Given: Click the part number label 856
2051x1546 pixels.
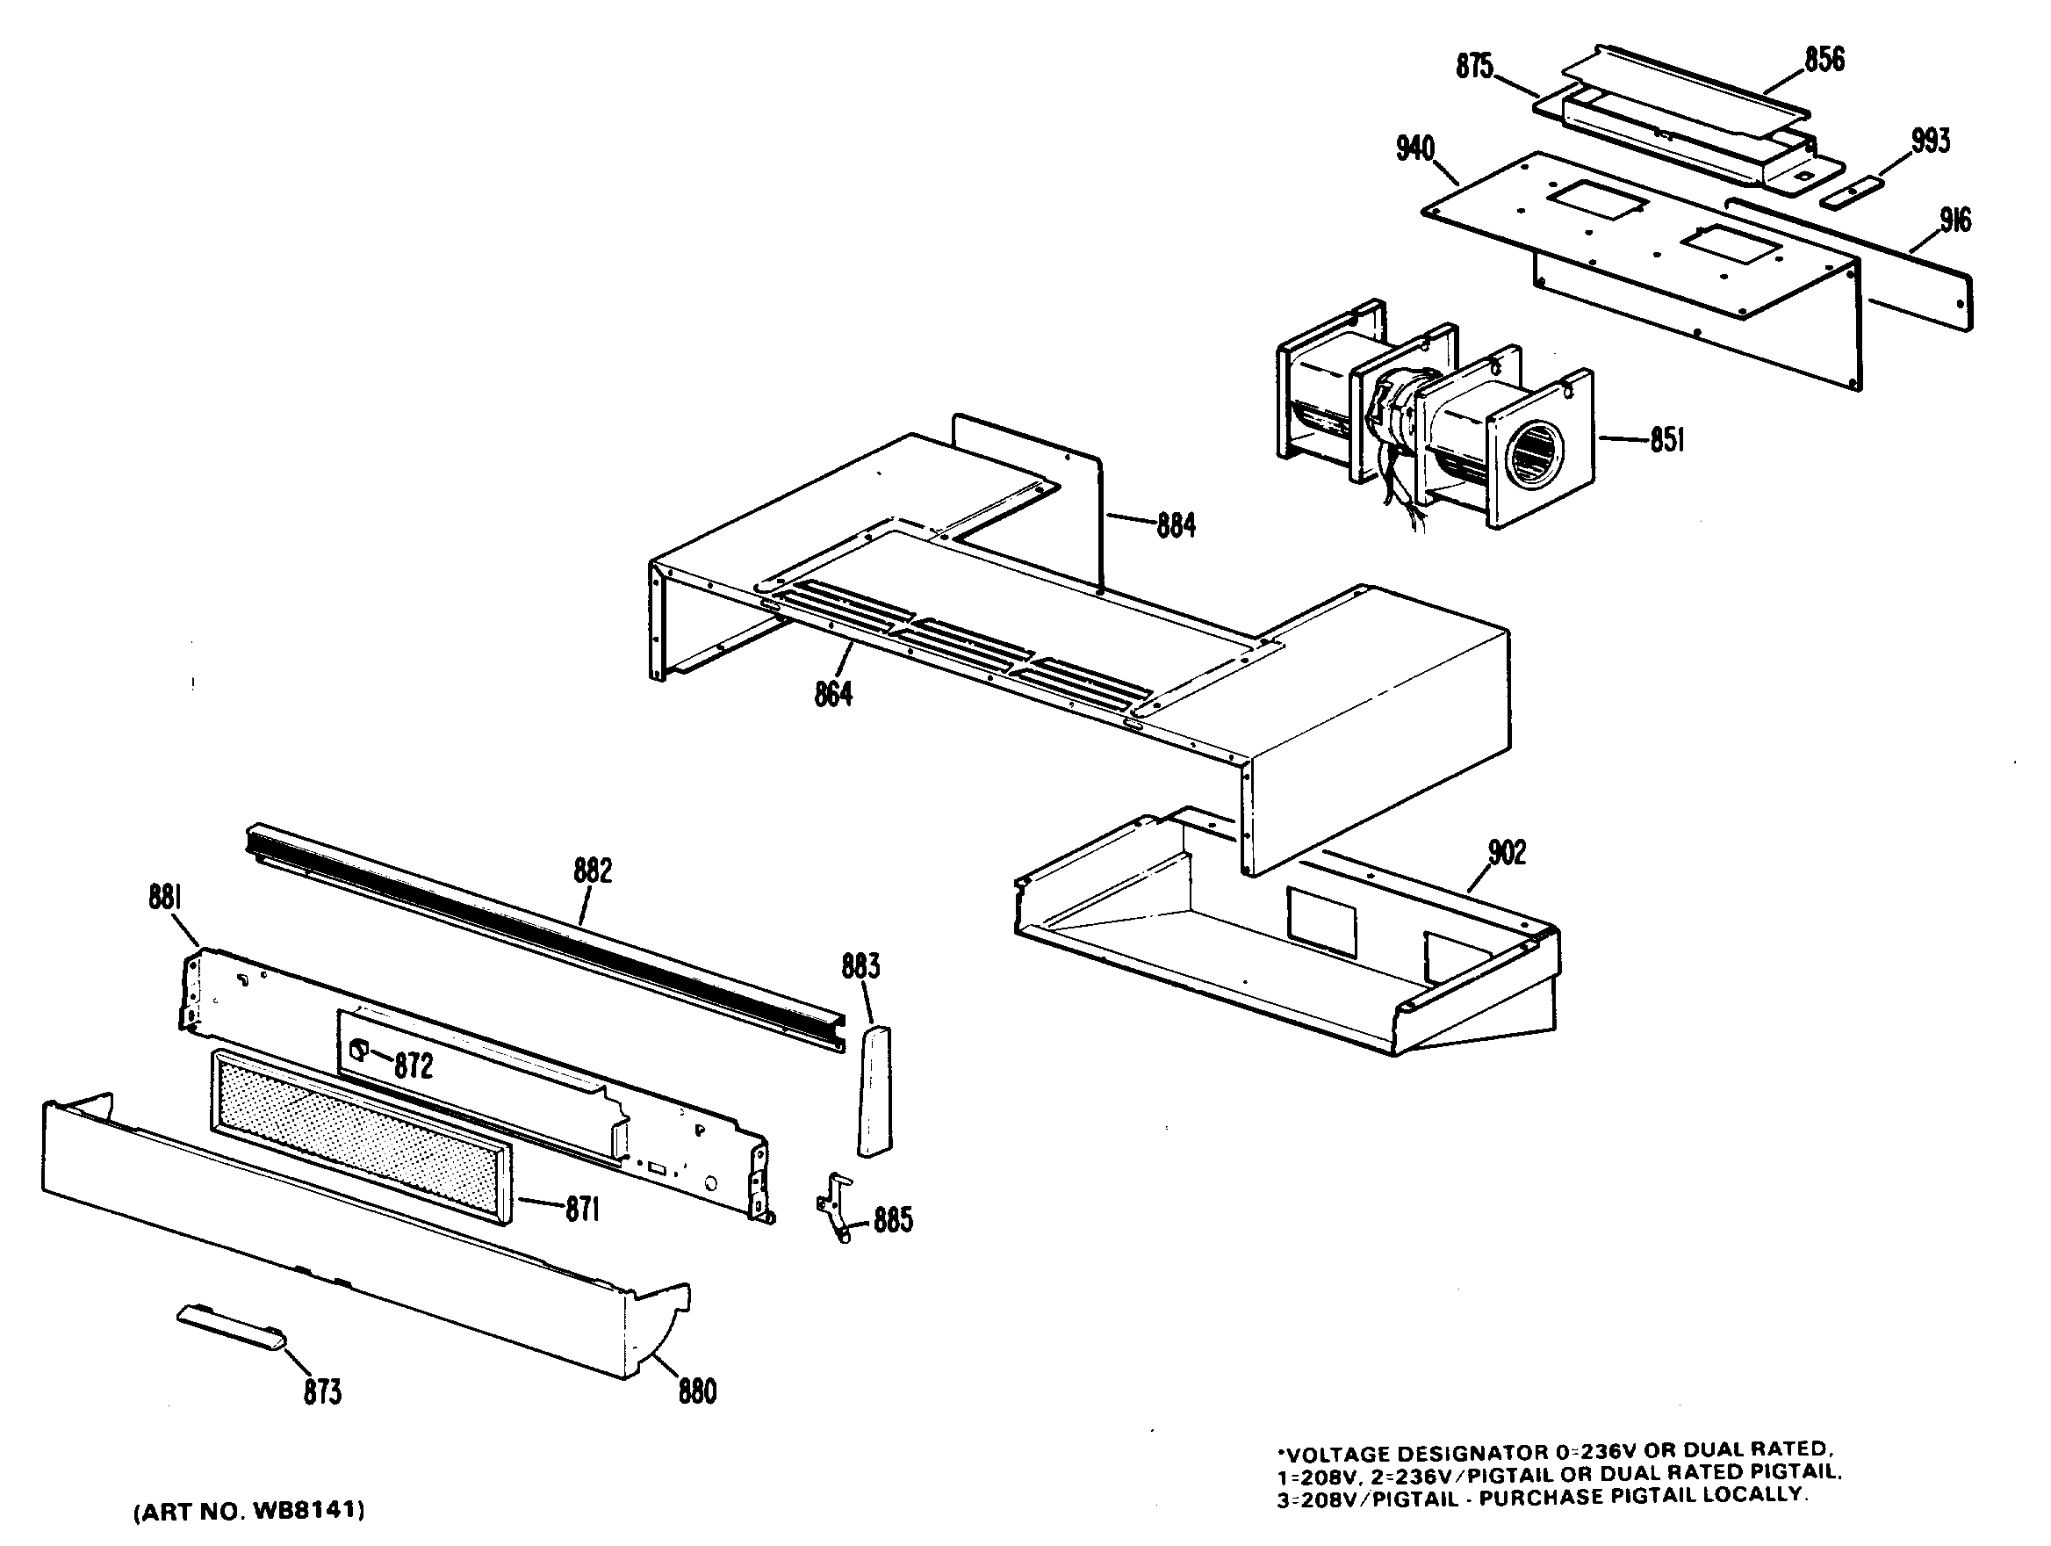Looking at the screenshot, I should [1824, 61].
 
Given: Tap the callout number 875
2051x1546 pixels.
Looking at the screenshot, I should [1474, 68].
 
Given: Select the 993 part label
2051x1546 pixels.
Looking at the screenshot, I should [1931, 141].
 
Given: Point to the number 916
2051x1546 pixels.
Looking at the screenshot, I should [1955, 220].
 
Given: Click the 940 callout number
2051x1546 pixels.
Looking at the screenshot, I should [1415, 149].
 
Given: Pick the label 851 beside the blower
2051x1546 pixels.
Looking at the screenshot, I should [1666, 439].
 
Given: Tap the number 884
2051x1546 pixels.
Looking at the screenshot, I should [1176, 527].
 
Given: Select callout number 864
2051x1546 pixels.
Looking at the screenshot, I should [832, 694].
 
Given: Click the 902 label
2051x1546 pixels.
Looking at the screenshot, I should [1506, 852].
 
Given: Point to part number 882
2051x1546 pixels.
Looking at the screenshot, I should [593, 871].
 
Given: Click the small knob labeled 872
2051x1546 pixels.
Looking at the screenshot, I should [356, 1050].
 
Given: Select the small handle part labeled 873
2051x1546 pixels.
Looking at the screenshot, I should [231, 1328].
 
